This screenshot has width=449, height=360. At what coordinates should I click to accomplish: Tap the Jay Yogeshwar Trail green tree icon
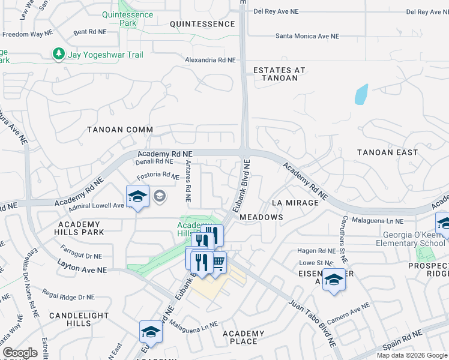(58, 55)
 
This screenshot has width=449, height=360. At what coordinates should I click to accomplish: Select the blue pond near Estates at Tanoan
(361, 94)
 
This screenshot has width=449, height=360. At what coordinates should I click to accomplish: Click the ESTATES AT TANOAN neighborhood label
(279, 74)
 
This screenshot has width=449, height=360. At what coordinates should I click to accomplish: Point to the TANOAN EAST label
(387, 152)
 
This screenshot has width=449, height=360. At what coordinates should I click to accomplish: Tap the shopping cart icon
(218, 262)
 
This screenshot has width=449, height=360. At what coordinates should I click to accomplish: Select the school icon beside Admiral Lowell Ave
(137, 196)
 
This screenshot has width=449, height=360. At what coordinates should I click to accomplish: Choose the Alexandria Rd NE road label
(210, 60)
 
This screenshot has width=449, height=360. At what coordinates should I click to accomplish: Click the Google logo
(20, 353)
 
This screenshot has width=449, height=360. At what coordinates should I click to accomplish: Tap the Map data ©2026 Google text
(412, 355)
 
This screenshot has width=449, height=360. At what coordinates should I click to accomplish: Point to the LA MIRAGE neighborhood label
(295, 203)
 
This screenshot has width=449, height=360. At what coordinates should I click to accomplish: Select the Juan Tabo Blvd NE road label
(312, 322)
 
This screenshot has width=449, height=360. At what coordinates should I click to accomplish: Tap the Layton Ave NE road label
(82, 267)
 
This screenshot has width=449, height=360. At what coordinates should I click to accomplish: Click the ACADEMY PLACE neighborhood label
(243, 337)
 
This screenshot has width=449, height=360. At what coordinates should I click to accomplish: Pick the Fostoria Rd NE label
(158, 176)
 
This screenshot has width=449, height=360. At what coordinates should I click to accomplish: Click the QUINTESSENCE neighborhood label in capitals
(202, 24)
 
